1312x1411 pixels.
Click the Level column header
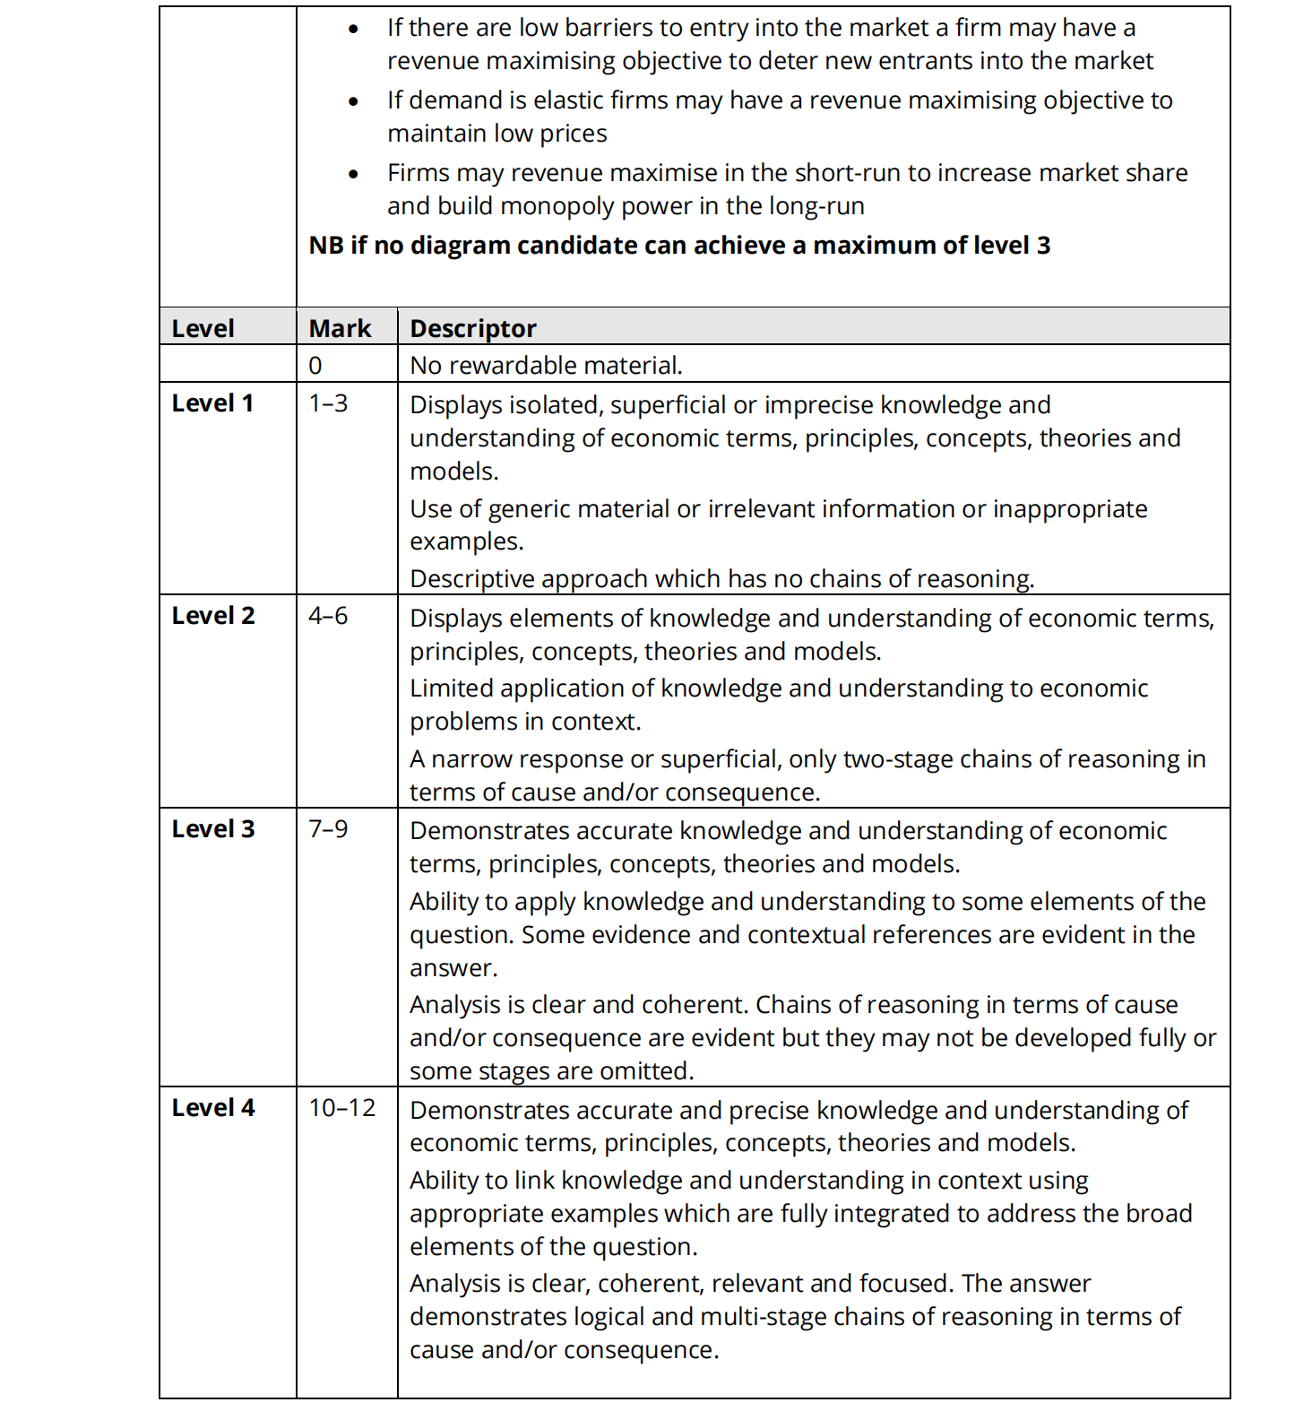click(203, 328)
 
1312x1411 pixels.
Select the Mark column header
click(340, 328)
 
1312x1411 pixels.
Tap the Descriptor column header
click(472, 328)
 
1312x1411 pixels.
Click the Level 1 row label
click(212, 403)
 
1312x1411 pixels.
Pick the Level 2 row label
click(213, 616)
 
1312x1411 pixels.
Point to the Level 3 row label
click(213, 829)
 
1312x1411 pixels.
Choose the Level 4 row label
click(213, 1108)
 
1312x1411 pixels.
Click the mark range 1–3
click(328, 403)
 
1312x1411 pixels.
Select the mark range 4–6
click(328, 616)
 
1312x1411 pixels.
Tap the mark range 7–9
click(328, 829)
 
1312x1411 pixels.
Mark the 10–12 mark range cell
click(341, 1108)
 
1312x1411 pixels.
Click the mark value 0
click(315, 366)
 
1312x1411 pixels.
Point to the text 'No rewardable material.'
click(546, 366)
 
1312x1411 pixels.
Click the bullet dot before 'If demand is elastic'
click(354, 101)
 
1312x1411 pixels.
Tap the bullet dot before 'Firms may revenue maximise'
click(354, 174)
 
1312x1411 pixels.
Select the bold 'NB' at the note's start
click(326, 246)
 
